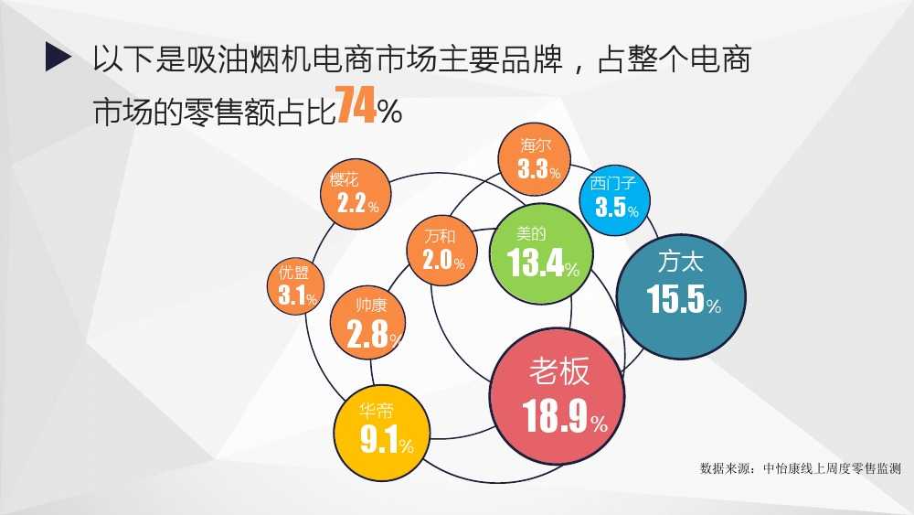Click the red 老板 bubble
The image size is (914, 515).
click(x=558, y=397)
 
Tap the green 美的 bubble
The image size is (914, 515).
click(x=541, y=253)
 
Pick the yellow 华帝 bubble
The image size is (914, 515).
click(x=382, y=432)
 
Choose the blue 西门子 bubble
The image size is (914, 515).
click(x=614, y=200)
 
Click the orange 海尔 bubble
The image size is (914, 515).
click(x=535, y=159)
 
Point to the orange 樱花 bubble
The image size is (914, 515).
click(x=356, y=194)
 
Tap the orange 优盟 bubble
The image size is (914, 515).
click(x=295, y=286)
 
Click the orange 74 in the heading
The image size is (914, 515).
click(x=356, y=105)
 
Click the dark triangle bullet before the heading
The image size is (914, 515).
click(x=58, y=57)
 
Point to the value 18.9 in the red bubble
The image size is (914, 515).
click(x=555, y=416)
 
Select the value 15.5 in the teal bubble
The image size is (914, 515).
click(x=675, y=298)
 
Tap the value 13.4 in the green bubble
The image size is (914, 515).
click(x=535, y=263)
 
